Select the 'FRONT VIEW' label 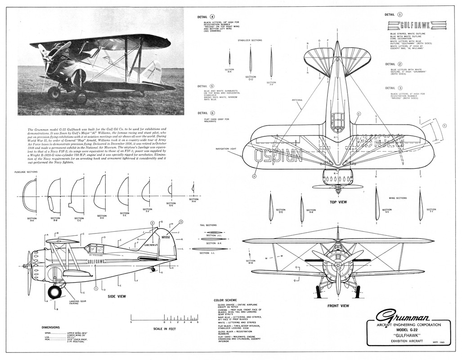coord(338,306)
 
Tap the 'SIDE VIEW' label coord(117,297)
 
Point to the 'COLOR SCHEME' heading coord(224,300)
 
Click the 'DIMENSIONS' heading coord(51,327)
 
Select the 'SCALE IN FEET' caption coord(165,329)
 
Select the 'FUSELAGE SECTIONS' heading coord(26,172)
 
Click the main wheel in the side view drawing coord(55,292)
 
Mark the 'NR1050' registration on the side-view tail coord(166,237)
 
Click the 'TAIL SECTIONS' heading coord(208,225)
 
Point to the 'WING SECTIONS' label coord(398,198)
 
